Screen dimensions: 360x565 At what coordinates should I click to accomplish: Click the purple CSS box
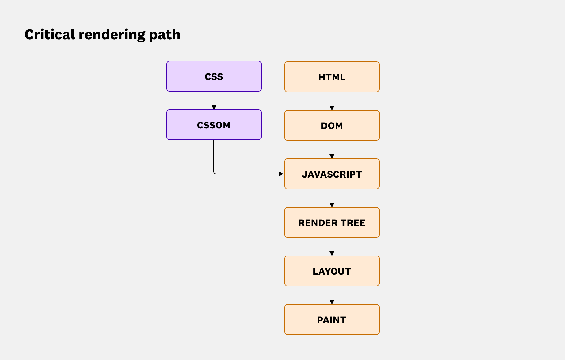(x=214, y=76)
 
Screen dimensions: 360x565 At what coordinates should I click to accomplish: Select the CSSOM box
(x=214, y=125)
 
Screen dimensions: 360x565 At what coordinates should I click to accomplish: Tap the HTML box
(x=332, y=77)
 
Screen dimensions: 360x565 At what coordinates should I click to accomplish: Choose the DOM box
(x=332, y=125)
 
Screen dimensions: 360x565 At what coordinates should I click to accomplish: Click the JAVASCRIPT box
(x=332, y=174)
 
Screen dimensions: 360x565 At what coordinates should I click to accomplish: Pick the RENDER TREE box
(x=332, y=222)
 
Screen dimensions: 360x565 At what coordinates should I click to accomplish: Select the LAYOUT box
(x=332, y=271)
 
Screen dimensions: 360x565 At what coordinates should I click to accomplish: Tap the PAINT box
(x=332, y=319)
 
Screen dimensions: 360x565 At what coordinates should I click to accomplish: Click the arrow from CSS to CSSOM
(x=214, y=100)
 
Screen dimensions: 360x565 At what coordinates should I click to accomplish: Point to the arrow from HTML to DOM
(x=332, y=101)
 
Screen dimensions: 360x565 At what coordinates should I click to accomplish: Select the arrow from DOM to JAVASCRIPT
(x=332, y=150)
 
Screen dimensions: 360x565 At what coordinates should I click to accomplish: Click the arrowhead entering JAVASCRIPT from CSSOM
(x=281, y=174)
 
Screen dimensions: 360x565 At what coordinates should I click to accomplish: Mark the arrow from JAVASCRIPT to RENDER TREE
(x=332, y=198)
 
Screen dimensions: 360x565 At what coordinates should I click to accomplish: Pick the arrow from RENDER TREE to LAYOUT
(x=332, y=247)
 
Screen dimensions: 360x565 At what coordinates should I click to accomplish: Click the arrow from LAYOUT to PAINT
(x=332, y=295)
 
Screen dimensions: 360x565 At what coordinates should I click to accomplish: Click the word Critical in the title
(x=50, y=34)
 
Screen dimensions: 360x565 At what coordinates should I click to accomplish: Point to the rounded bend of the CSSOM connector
(x=214, y=173)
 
